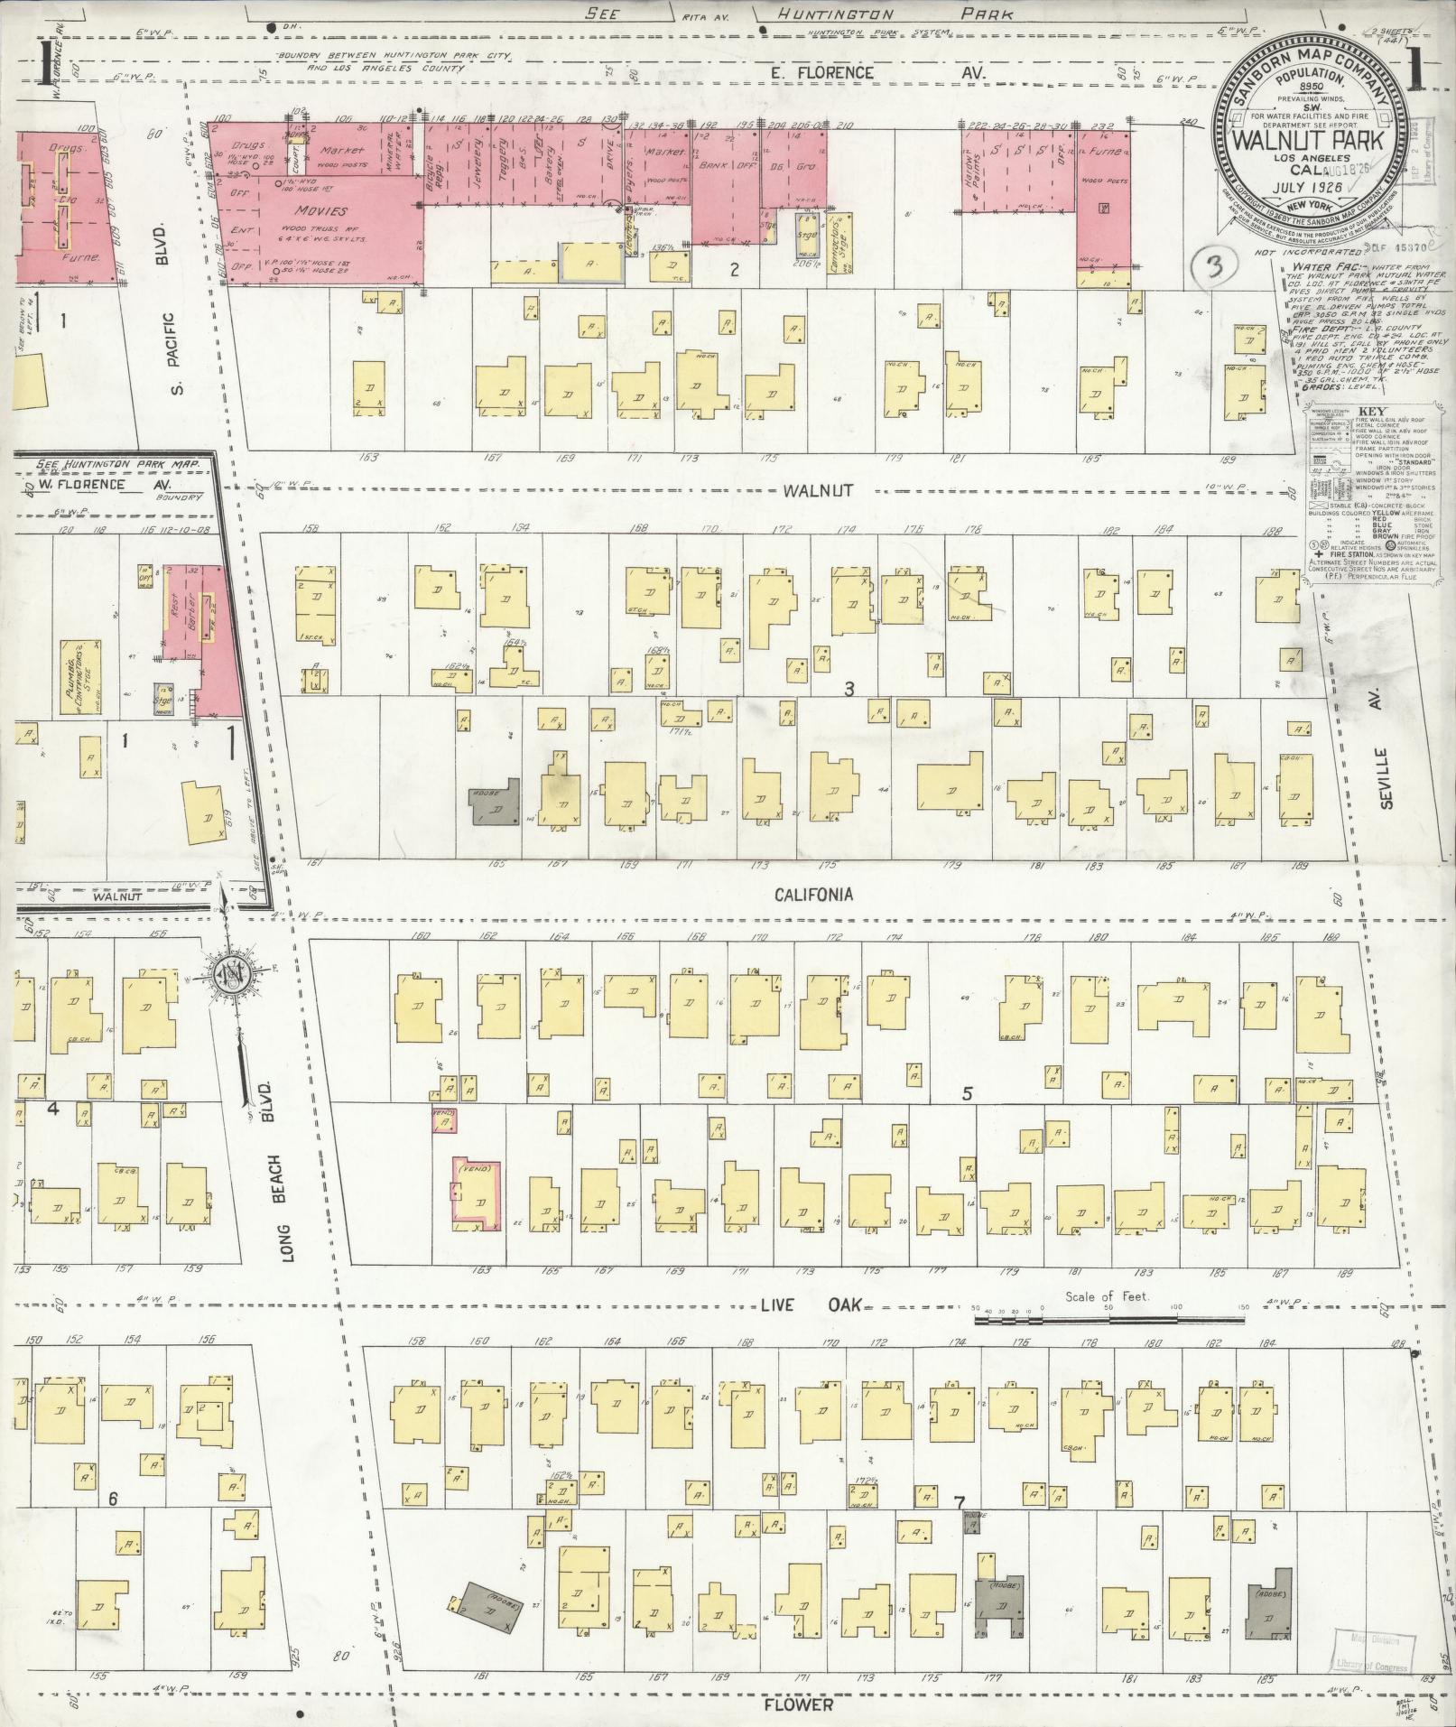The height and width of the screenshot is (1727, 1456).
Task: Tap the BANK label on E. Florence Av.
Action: pyautogui.click(x=710, y=165)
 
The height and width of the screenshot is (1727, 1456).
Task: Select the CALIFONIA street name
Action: pyautogui.click(x=813, y=895)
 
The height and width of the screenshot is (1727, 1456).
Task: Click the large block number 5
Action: pyautogui.click(x=967, y=1094)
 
